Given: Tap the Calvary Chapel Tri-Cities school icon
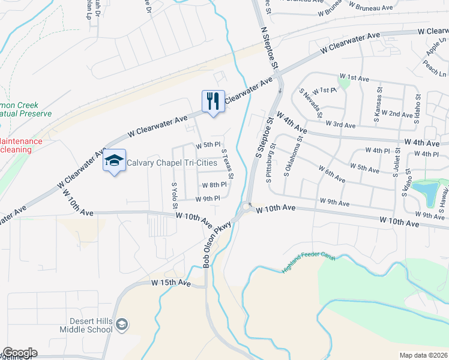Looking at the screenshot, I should click(x=114, y=161).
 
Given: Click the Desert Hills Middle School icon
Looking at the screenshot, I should click(x=122, y=325).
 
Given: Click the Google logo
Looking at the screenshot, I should click(x=19, y=353).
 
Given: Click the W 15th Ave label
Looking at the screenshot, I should click(x=170, y=282).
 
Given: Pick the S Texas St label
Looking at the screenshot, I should click(x=228, y=163).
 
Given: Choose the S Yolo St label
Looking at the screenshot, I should click(x=175, y=193).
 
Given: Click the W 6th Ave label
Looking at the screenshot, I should click(x=332, y=175).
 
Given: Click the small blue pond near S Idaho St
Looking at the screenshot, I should click(x=427, y=193).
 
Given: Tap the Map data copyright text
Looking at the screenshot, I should click(x=424, y=355).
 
